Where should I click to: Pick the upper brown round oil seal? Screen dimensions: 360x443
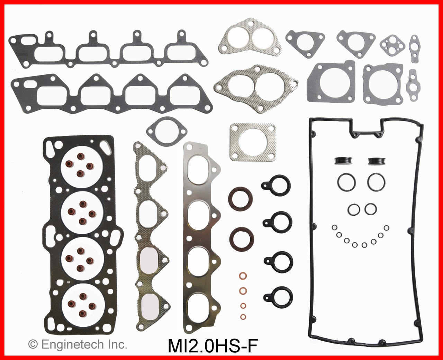click(x=242, y=198)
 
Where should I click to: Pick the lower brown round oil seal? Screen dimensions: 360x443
click(x=241, y=238)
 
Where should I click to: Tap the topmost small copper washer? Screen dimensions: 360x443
click(x=243, y=276)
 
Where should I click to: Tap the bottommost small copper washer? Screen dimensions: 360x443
click(x=243, y=316)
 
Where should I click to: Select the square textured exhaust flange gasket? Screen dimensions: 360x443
click(x=253, y=142)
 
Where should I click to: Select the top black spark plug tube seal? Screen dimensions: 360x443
click(x=276, y=184)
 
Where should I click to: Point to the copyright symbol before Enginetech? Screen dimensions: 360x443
click(x=33, y=344)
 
